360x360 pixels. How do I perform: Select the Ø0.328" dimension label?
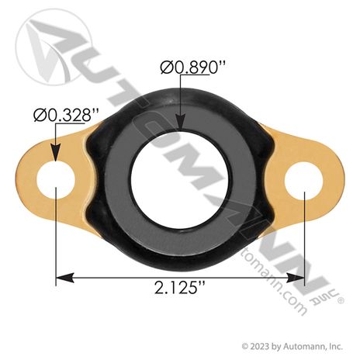[x=66, y=115]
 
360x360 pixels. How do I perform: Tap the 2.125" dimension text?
[x=180, y=288]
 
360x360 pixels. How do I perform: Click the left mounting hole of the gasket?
[x=56, y=180]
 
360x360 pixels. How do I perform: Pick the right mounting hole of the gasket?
[x=303, y=181]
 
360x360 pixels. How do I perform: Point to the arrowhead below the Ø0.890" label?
[x=181, y=121]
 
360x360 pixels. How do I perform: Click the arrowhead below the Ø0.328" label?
[x=56, y=153]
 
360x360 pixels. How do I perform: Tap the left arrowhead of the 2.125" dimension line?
[x=65, y=278]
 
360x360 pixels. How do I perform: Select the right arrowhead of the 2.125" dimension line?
[x=295, y=278]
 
